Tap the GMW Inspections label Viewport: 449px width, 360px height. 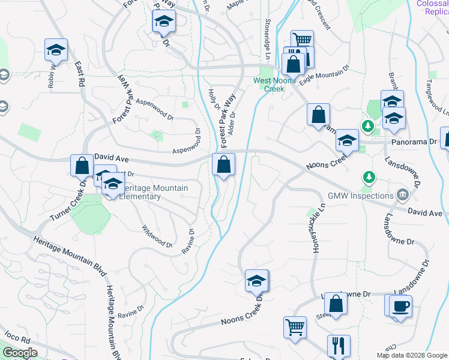tap(360, 196)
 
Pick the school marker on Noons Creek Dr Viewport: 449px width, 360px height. tap(256, 281)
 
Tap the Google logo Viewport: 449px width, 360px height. tap(20, 353)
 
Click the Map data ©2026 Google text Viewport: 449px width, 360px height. tap(412, 355)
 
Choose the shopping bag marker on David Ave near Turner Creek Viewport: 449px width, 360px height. tap(81, 164)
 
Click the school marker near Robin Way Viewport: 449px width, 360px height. tap(56, 50)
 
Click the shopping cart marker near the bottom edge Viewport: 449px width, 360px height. tap(295, 328)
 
